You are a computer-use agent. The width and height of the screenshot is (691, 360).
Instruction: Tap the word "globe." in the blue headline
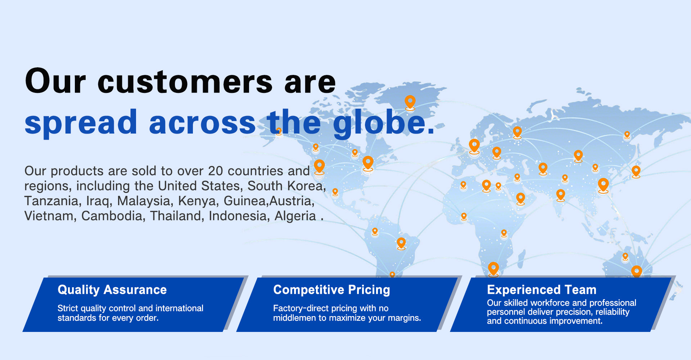pyautogui.click(x=384, y=123)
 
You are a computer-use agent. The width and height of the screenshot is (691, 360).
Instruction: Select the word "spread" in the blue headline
pyautogui.click(x=81, y=123)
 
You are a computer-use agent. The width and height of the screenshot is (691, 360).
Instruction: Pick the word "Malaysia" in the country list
pyautogui.click(x=144, y=201)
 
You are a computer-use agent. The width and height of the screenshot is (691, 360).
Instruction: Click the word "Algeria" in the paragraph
pyautogui.click(x=295, y=216)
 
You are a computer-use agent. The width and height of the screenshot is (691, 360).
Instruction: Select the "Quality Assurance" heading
pyautogui.click(x=112, y=290)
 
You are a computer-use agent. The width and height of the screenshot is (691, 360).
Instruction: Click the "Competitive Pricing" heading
pyautogui.click(x=331, y=290)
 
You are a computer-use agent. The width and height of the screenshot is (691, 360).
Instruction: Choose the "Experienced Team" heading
pyautogui.click(x=542, y=290)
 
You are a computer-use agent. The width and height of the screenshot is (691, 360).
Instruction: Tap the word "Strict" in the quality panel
pyautogui.click(x=68, y=308)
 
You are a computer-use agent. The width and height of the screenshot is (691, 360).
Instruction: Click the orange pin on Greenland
pyautogui.click(x=410, y=102)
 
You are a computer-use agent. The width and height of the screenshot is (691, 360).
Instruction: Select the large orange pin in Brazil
pyautogui.click(x=401, y=243)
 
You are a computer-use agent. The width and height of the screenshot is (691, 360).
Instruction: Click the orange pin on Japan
pyautogui.click(x=636, y=172)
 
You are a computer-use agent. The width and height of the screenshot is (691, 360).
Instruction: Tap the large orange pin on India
pyautogui.click(x=561, y=195)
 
